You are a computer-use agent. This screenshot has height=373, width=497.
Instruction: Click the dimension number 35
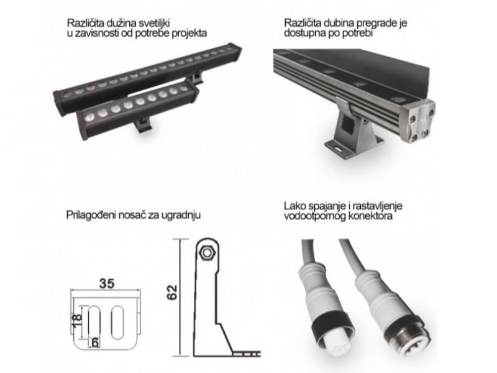tap(106, 283)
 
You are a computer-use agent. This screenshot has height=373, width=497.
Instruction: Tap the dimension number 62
tap(172, 292)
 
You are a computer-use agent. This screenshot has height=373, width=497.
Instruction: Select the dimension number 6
tap(94, 343)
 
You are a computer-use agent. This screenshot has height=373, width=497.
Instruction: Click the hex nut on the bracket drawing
tap(207, 253)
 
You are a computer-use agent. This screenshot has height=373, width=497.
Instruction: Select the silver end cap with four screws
tap(417, 121)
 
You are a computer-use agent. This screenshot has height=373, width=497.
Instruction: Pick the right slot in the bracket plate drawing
tap(117, 322)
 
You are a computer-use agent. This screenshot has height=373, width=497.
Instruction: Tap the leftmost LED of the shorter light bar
tap(89, 117)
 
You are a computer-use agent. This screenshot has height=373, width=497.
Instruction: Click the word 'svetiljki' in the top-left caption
tap(153, 23)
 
